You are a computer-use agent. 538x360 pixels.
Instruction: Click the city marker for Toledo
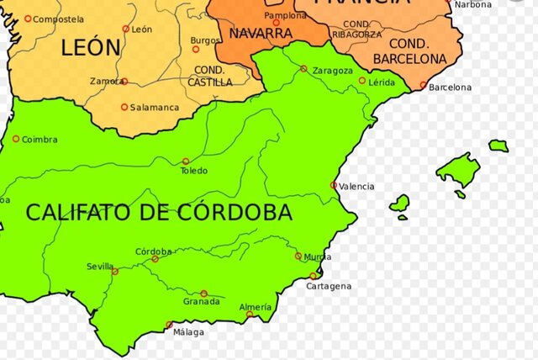[186, 161]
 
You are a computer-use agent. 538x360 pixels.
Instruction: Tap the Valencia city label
[356, 186]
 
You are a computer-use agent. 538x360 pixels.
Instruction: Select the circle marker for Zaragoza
[303, 68]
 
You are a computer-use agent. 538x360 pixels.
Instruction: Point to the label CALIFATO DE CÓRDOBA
[159, 212]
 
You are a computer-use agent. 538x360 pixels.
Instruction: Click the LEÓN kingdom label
[91, 48]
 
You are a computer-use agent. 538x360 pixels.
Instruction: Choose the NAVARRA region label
[261, 34]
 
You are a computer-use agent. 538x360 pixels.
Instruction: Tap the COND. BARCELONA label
[410, 53]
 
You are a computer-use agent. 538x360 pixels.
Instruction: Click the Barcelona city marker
[422, 84]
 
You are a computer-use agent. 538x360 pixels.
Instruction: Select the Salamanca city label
[155, 108]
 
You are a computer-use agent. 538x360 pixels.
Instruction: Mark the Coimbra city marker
[15, 139]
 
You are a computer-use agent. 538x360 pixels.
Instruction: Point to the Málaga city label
[188, 332]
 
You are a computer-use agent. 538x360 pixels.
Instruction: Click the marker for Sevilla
[115, 272]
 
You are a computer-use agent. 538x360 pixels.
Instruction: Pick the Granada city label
[202, 301]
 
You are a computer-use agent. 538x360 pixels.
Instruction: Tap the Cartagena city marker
[314, 275]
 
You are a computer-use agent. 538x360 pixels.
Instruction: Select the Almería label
[256, 307]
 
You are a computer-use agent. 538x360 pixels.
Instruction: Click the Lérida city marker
[362, 81]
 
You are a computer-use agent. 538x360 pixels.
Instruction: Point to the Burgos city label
[206, 40]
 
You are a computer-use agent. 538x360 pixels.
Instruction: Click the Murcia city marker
[298, 256]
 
